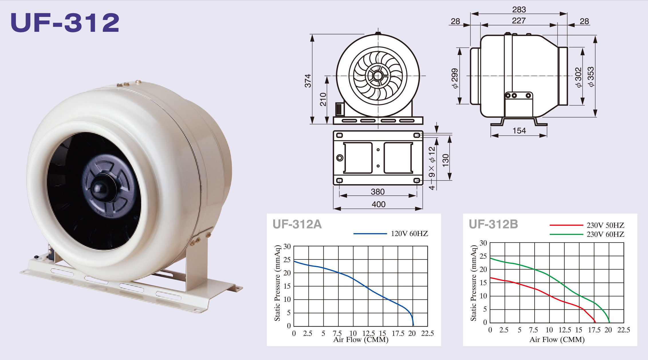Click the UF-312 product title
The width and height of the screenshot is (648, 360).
pos(65,23)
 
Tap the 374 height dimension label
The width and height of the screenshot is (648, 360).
pos(308,81)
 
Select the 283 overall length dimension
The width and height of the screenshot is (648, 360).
pos(519,10)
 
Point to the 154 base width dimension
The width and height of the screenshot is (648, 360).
pos(519,131)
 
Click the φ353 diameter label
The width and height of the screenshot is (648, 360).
pos(590,76)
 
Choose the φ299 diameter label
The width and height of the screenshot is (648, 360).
pos(454,78)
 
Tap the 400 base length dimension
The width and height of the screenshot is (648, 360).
pos(378,204)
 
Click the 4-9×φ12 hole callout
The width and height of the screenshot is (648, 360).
pos(432,168)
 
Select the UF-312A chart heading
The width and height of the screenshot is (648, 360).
pos(297,224)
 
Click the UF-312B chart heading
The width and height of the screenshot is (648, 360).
pos(493,224)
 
